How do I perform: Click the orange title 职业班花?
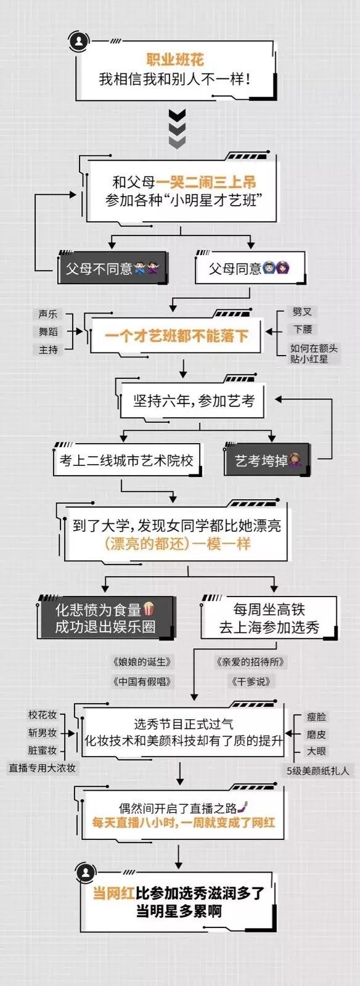click(x=175, y=59)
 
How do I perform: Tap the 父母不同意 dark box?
click(x=112, y=267)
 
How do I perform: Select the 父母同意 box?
click(x=250, y=267)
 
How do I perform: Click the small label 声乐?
click(x=47, y=314)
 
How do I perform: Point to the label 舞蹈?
click(x=47, y=332)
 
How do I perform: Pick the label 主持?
click(x=47, y=349)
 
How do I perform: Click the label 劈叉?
click(x=302, y=312)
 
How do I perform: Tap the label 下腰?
click(x=303, y=329)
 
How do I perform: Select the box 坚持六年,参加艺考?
click(x=193, y=401)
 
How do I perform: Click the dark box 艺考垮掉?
click(x=267, y=460)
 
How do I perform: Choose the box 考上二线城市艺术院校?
click(x=127, y=460)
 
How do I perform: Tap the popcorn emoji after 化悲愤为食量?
click(x=149, y=609)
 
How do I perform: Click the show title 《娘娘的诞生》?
click(x=141, y=662)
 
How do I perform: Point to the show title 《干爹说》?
click(x=250, y=682)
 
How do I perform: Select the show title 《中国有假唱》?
click(x=141, y=682)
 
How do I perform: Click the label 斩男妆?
click(x=43, y=733)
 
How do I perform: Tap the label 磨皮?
click(x=316, y=734)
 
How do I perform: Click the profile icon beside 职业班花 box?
click(x=80, y=43)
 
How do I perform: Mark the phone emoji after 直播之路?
click(x=243, y=807)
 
